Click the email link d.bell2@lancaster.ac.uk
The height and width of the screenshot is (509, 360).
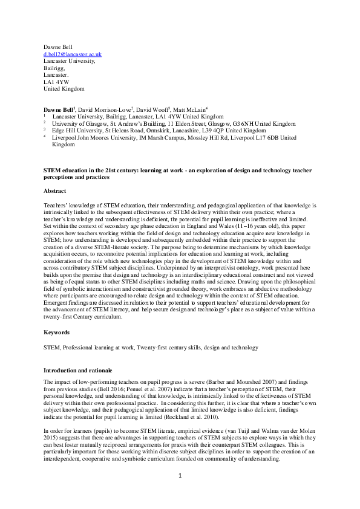[x=73, y=54]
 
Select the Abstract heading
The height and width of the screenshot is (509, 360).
[x=55, y=190]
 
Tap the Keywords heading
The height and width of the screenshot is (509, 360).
[x=57, y=332]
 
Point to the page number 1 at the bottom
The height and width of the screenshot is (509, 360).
[x=180, y=493]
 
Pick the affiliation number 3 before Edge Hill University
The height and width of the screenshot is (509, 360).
[x=44, y=130]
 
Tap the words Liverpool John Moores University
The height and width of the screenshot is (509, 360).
[x=93, y=138]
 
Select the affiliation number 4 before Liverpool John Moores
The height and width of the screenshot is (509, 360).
[x=44, y=137]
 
